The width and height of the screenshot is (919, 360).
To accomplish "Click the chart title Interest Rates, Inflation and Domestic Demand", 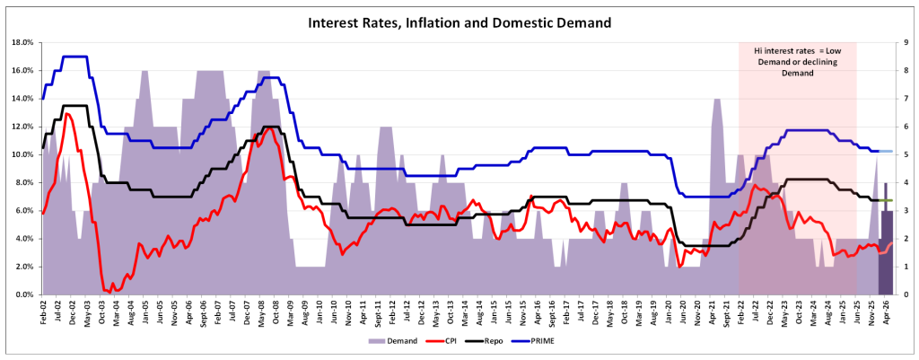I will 459,21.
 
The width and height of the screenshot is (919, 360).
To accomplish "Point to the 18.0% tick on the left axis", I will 22,42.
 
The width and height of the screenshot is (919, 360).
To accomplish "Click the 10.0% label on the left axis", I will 22,154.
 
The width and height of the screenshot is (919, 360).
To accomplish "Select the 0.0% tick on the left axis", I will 23,294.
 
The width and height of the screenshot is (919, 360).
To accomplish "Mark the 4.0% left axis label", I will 23,239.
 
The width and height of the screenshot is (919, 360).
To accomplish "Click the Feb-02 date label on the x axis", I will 44,313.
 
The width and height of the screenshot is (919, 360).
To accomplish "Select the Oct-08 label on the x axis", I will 271,313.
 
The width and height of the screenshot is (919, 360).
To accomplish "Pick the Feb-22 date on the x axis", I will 740,313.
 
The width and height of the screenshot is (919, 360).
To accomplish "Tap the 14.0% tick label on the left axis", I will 22,99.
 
